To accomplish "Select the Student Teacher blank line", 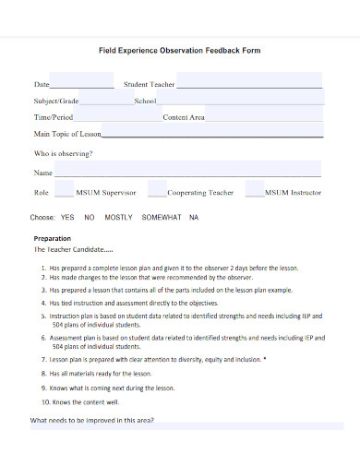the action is (x=249, y=84).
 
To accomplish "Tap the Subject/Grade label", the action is (x=57, y=101).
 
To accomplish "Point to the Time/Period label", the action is (x=54, y=118).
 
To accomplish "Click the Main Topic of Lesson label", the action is (x=67, y=136).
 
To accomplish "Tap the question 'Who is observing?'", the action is (x=64, y=153).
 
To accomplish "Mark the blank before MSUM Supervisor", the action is (x=63, y=194).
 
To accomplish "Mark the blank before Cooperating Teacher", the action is (x=158, y=194).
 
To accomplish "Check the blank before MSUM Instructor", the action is (x=254, y=194).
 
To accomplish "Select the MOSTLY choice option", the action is (x=118, y=218).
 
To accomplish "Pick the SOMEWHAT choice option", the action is (x=162, y=218).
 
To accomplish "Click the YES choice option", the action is (x=67, y=218).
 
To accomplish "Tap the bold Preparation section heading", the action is (x=52, y=238).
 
